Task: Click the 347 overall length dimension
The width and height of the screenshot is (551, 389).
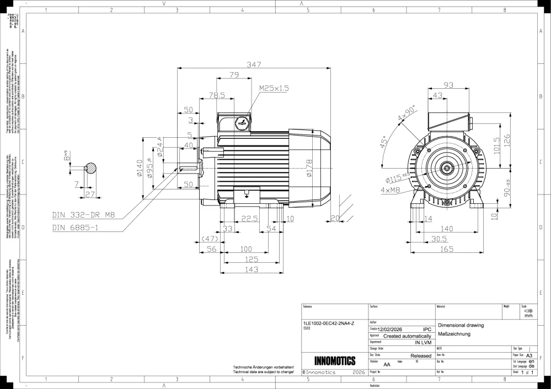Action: (x=254, y=64)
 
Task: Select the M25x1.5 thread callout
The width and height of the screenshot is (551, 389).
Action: (x=274, y=88)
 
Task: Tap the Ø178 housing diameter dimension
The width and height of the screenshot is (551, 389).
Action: (x=309, y=169)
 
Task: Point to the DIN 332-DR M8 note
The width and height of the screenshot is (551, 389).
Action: (x=84, y=215)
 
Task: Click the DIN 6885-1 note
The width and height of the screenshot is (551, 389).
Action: (x=76, y=227)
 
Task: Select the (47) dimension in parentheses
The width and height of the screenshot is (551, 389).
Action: (x=210, y=239)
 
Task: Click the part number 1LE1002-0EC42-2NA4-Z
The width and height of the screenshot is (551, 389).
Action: (x=330, y=323)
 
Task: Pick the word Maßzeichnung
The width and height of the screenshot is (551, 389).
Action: (x=453, y=334)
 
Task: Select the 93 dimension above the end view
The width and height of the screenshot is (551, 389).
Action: (x=448, y=85)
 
